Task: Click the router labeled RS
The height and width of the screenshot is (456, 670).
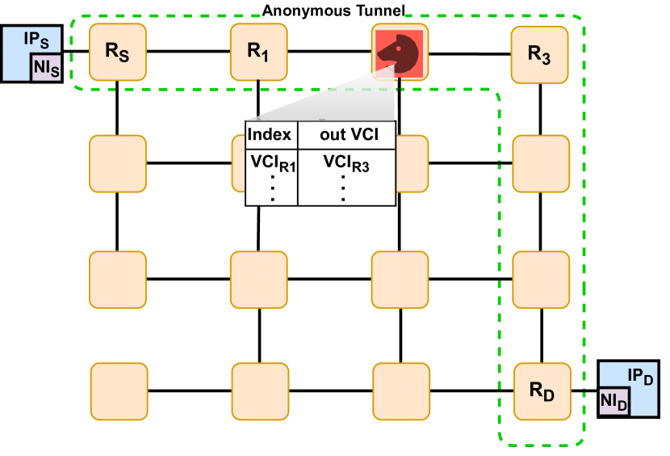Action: tap(117, 52)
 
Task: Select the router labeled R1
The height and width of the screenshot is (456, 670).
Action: tap(258, 52)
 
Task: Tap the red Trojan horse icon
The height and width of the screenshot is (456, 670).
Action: tap(400, 53)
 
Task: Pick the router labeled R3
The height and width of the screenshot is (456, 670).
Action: tap(540, 53)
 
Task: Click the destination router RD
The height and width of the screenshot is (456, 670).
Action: tap(542, 390)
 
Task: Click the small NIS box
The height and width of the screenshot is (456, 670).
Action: tap(46, 69)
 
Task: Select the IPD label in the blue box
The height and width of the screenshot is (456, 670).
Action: tap(640, 376)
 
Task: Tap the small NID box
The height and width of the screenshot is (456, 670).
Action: tap(614, 401)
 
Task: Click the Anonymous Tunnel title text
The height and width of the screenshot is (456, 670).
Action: tap(333, 11)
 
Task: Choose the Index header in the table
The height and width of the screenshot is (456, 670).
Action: tap(269, 134)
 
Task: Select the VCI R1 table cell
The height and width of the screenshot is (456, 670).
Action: tap(272, 163)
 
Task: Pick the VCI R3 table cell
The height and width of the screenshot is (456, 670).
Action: tap(346, 163)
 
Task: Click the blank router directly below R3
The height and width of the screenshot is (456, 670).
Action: tap(541, 163)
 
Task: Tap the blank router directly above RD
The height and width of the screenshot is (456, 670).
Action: tap(541, 279)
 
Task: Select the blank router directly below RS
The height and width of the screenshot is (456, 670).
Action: tap(117, 163)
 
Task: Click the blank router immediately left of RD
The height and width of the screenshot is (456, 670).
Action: tap(400, 391)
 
